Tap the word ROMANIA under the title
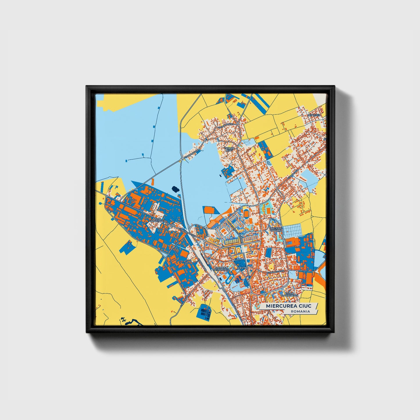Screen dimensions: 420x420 pos(300,311)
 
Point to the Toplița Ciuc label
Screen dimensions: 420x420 pos(229,149)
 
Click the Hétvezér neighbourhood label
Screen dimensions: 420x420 pos(314,115)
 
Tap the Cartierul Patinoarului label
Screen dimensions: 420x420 pos(221,269)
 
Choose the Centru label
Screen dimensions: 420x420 pos(242,268)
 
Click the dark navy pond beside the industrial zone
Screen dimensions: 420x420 pos(175,189)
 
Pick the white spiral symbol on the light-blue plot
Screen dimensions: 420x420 pos(269,163)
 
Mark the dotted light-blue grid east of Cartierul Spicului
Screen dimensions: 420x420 pos(293,231)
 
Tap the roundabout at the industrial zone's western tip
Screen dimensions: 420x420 pos(107,196)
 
